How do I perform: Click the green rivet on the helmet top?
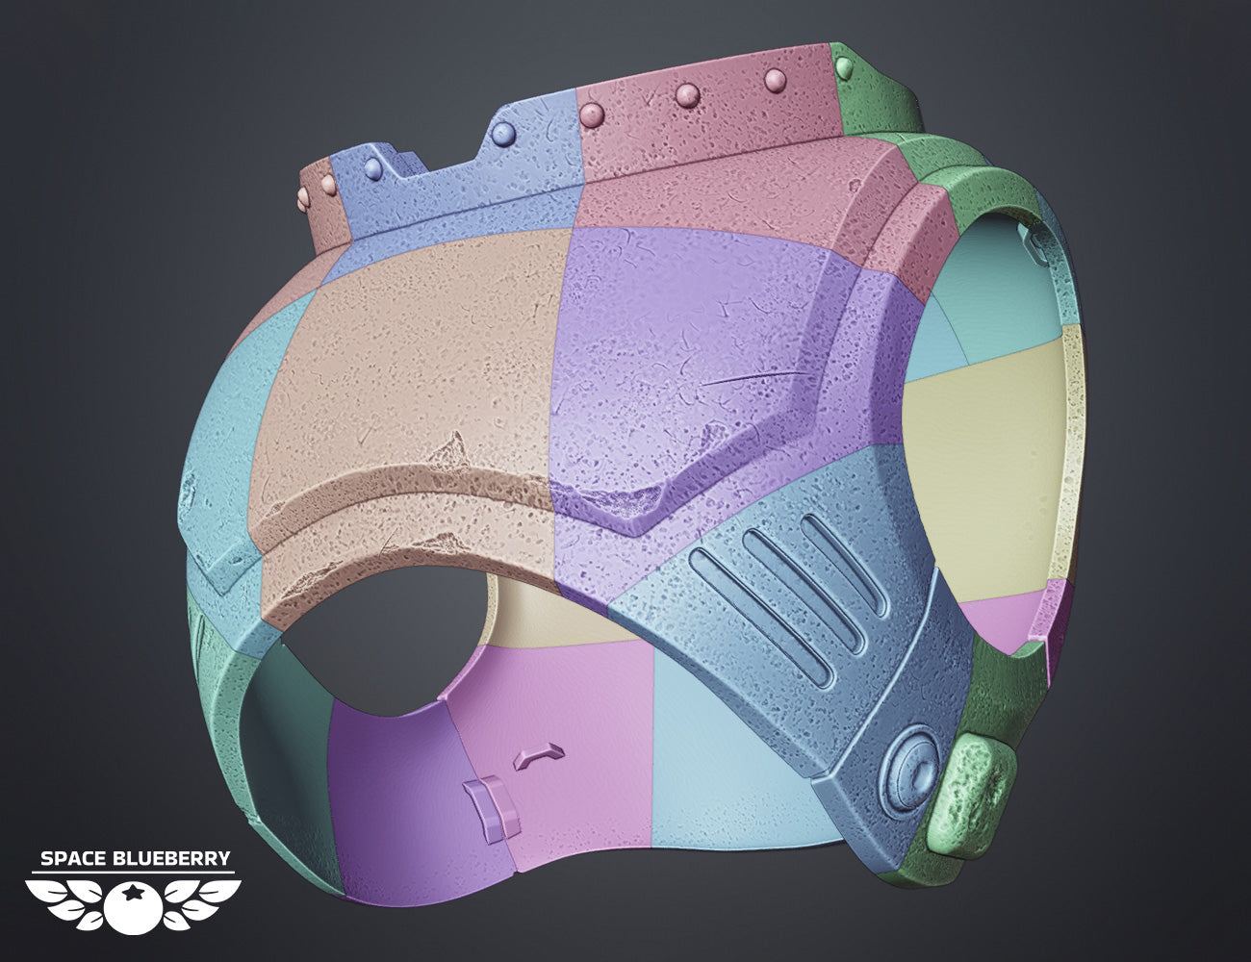click(x=845, y=67)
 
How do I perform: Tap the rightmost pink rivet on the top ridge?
click(x=776, y=80)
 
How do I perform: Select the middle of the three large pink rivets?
click(x=687, y=95)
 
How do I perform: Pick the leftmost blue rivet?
click(x=373, y=167)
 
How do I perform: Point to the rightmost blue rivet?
click(x=503, y=133)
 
